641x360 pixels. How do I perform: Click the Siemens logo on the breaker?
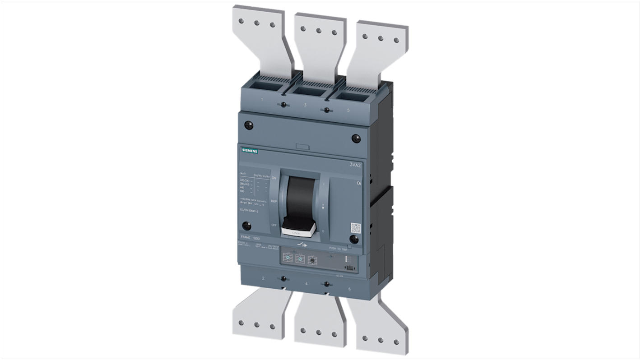click(248, 151)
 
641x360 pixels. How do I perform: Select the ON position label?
click(274, 179)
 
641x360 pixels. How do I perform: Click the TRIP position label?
click(274, 201)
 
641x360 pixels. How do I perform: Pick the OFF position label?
click(274, 224)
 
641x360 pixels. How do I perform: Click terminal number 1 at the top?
click(262, 99)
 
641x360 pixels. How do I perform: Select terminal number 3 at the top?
click(305, 105)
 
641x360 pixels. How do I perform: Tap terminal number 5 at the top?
click(348, 110)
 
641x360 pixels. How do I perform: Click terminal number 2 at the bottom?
click(263, 278)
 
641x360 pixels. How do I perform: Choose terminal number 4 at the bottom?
click(307, 284)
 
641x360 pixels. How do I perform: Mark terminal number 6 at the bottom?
click(349, 289)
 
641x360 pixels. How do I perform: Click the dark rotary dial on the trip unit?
click(311, 260)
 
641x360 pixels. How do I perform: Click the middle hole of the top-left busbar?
click(257, 23)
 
